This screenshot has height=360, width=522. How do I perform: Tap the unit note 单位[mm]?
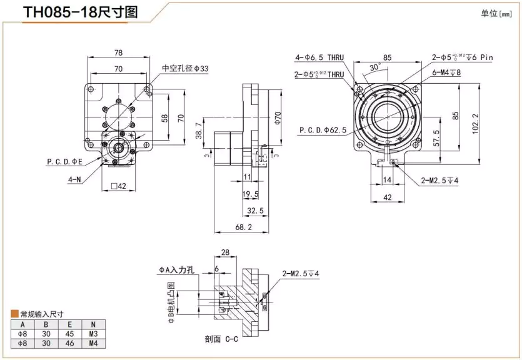tap(496, 14)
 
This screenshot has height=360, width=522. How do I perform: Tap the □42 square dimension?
tap(118, 186)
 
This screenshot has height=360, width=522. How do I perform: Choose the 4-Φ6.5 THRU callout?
tap(319, 58)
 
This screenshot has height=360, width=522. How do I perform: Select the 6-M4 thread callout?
tap(446, 72)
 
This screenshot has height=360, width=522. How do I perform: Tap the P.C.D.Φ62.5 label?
tap(322, 130)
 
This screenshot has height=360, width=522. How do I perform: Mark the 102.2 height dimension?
tap(476, 124)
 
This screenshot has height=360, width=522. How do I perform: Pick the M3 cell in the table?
tap(93, 332)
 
